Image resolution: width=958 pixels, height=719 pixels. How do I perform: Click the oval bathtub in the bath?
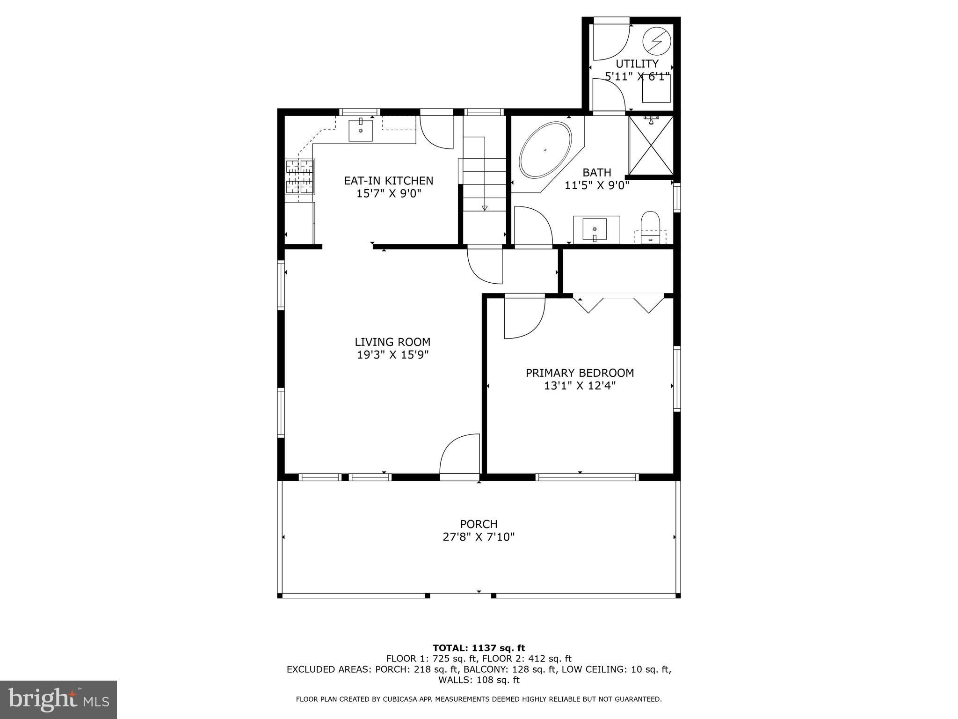(x=545, y=150)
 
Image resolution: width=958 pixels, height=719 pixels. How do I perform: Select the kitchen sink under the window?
(x=361, y=131)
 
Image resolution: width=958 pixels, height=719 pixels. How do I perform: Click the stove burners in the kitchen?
(x=299, y=176)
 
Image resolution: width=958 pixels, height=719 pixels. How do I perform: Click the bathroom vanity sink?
(x=595, y=229)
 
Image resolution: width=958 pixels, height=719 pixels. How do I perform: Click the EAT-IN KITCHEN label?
(x=388, y=181)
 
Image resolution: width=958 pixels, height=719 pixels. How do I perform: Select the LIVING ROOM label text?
(x=392, y=342)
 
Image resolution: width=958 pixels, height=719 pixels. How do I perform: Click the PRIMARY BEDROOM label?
(x=580, y=373)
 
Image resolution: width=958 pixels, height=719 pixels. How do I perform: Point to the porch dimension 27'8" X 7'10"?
(x=479, y=537)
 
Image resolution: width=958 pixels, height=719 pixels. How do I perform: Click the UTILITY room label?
(x=637, y=64)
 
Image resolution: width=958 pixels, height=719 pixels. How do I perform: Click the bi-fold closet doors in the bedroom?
(x=618, y=303)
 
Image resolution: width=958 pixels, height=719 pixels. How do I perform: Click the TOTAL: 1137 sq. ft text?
(x=479, y=648)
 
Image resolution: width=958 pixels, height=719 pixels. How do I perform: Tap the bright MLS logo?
(x=58, y=699)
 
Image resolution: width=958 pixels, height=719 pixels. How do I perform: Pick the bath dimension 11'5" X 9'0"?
(x=597, y=185)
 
